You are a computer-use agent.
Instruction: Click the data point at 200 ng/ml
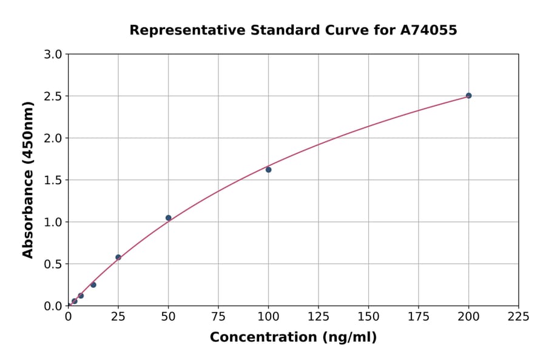[x=468, y=96]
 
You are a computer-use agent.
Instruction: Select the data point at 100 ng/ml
[x=268, y=170]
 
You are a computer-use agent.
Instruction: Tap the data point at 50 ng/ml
[x=168, y=218]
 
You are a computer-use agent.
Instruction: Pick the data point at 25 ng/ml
[x=118, y=258]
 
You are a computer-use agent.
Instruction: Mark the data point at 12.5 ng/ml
[x=93, y=285]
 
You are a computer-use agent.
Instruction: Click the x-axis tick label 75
[x=218, y=316]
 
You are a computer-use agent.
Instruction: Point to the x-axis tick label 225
[x=519, y=316]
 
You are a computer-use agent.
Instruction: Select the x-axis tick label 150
[x=368, y=316]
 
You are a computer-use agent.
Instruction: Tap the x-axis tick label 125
[x=318, y=316]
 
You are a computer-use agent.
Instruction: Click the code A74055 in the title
[x=429, y=30]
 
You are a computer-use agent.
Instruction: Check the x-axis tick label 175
[x=419, y=316]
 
